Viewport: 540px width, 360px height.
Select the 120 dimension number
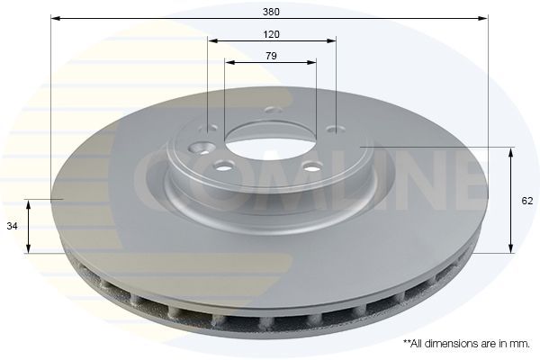click(x=271, y=34)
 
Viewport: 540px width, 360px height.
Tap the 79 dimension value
click(x=271, y=56)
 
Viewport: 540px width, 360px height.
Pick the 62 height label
click(x=527, y=202)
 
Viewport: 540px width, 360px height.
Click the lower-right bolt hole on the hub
click(x=311, y=166)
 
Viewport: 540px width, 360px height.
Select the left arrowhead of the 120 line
click(x=211, y=40)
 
